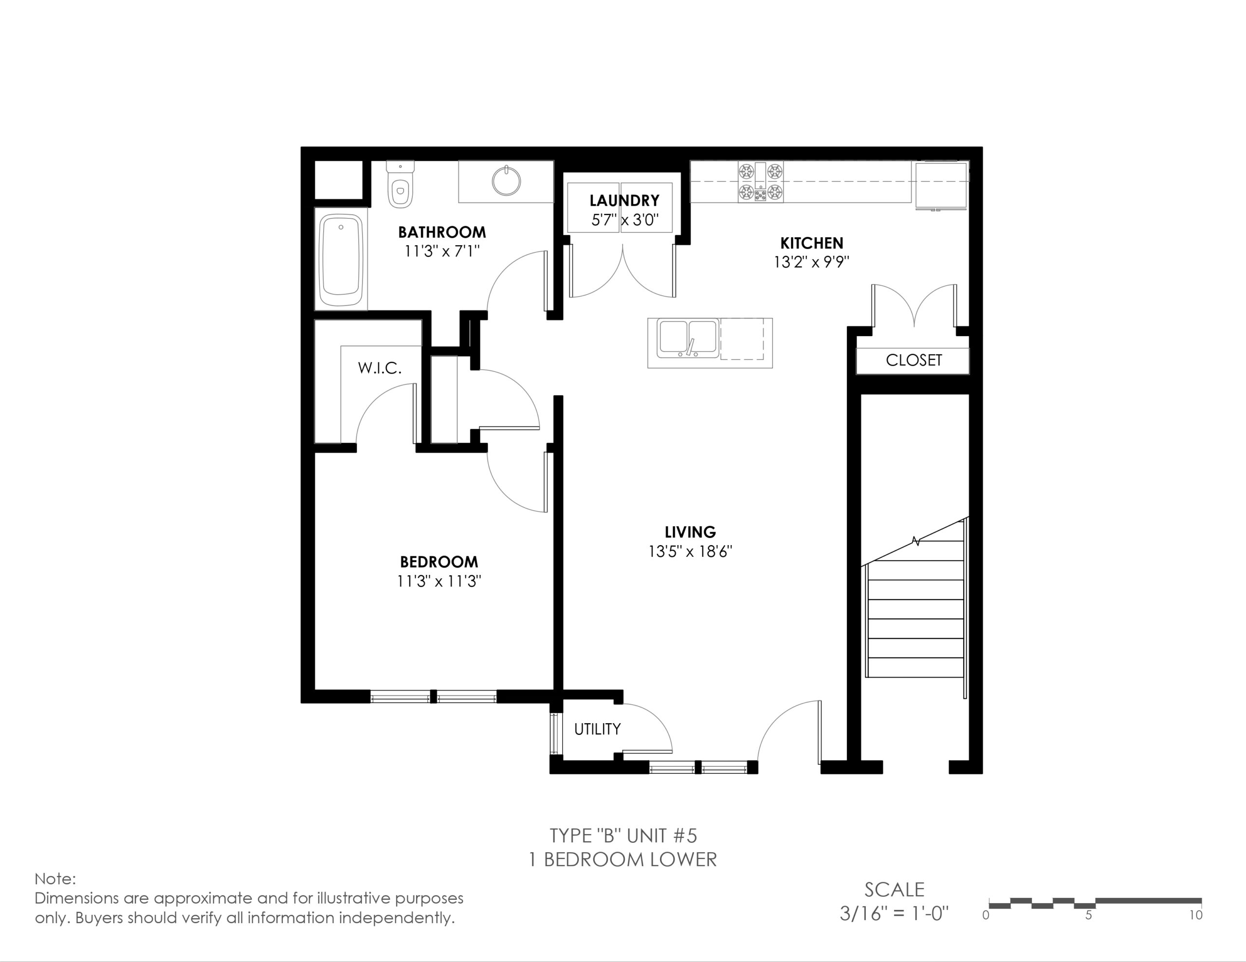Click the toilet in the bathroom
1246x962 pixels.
point(400,184)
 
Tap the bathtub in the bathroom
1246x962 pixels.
point(341,260)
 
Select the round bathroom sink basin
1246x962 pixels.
point(507,180)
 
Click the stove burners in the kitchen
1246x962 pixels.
point(760,182)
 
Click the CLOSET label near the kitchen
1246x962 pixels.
point(914,360)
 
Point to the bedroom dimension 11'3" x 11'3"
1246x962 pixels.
point(440,581)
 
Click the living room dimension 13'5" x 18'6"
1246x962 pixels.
point(690,552)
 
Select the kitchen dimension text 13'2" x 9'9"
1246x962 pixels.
point(812,262)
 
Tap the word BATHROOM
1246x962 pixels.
point(442,232)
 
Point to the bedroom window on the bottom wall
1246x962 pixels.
point(434,696)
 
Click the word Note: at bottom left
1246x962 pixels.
point(55,879)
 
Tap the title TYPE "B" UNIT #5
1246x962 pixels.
point(623,836)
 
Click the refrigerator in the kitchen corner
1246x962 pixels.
point(941,185)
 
